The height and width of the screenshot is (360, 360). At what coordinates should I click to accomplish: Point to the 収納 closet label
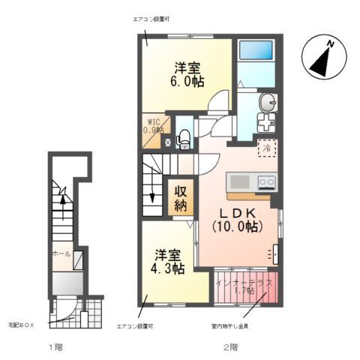(x=181, y=197)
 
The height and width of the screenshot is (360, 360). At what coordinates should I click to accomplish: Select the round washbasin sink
(x=267, y=101)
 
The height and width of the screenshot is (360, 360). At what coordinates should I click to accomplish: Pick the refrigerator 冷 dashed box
(x=267, y=148)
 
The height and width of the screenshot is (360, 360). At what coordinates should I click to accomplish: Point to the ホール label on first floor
(x=61, y=253)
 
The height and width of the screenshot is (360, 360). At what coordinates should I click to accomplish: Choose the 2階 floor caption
(x=229, y=347)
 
